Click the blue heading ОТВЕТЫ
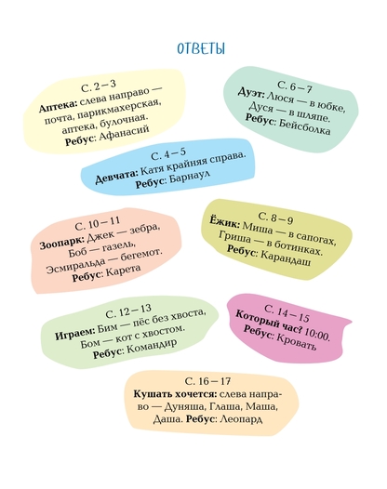click(x=201, y=48)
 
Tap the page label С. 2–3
click(x=99, y=86)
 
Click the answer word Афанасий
click(x=124, y=134)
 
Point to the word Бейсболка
click(x=304, y=127)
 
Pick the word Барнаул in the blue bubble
click(x=190, y=178)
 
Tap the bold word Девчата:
click(x=116, y=177)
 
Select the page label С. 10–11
click(x=98, y=223)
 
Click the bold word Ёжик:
click(x=224, y=222)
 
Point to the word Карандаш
click(x=286, y=258)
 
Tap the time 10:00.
click(x=317, y=335)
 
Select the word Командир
click(x=152, y=346)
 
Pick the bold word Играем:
click(x=74, y=333)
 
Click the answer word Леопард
click(x=241, y=419)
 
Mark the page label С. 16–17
click(x=207, y=381)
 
